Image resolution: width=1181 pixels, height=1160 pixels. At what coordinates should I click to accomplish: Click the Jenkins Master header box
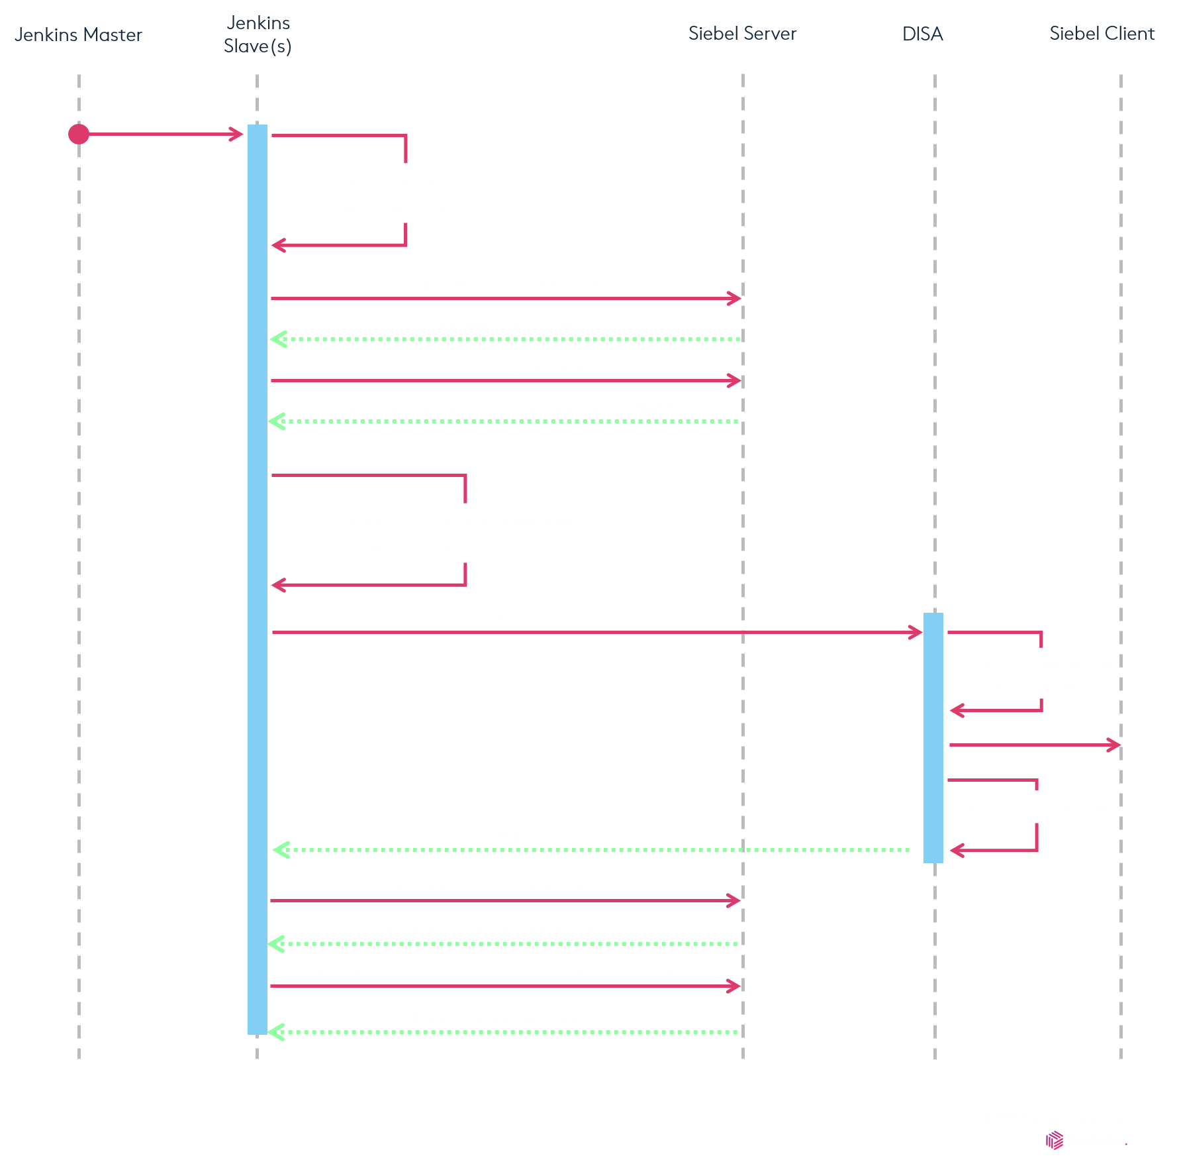pyautogui.click(x=78, y=34)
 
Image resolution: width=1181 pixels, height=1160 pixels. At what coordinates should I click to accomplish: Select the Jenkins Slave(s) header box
pyautogui.click(x=258, y=34)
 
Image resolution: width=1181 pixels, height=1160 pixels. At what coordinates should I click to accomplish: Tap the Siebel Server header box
pyautogui.click(x=742, y=34)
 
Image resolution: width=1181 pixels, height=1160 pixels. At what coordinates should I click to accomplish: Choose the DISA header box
pyautogui.click(x=922, y=34)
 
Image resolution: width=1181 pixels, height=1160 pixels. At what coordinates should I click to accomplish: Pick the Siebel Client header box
pyautogui.click(x=1102, y=34)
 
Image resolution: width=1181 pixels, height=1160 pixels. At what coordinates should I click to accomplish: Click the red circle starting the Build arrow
pyautogui.click(x=79, y=134)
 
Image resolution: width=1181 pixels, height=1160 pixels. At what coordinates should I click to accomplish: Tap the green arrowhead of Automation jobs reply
pyautogui.click(x=278, y=339)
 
